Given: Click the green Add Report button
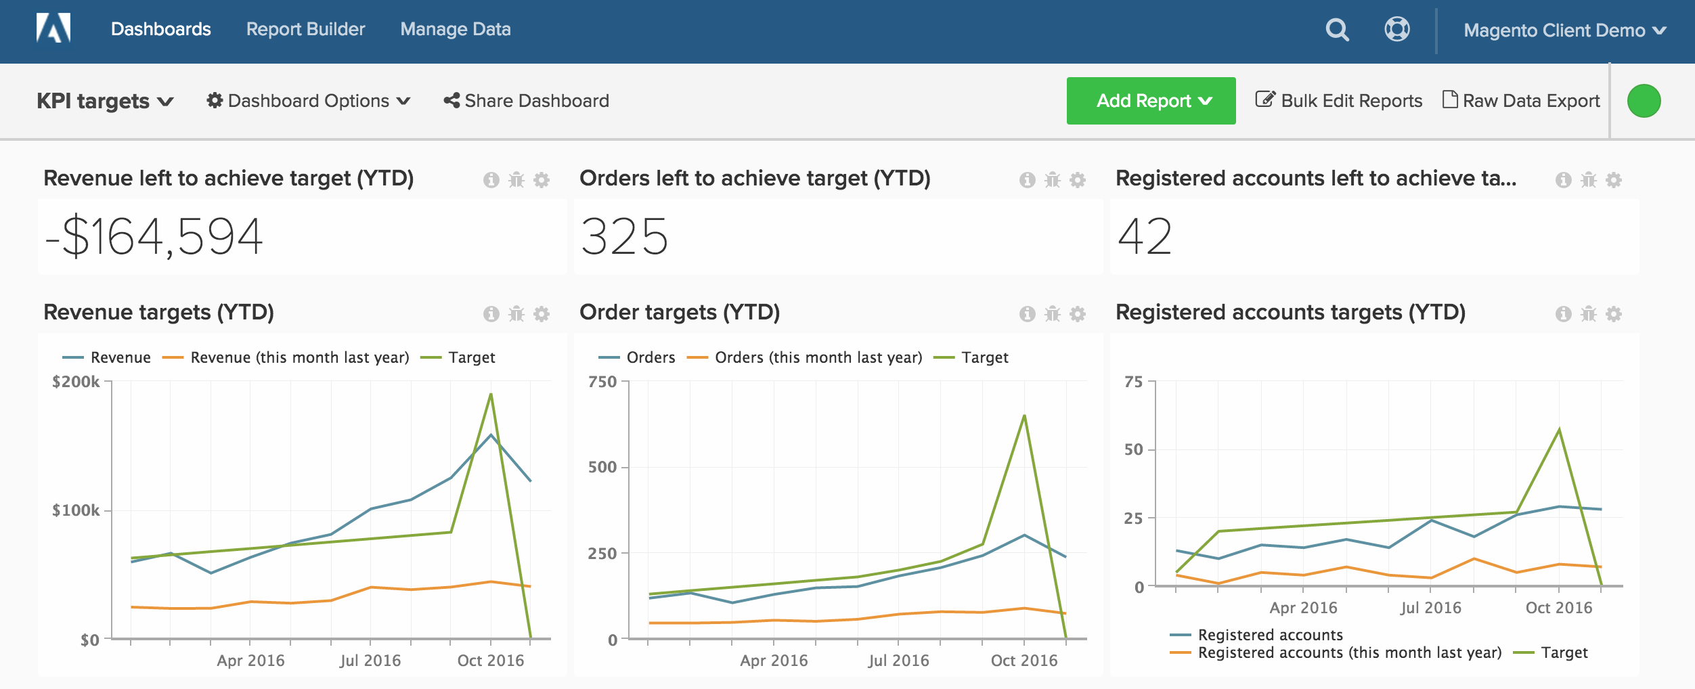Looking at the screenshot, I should click(1151, 101).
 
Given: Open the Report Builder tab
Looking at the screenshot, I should click(305, 29).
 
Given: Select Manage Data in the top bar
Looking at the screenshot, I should click(456, 29).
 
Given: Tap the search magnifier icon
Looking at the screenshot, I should click(1337, 30).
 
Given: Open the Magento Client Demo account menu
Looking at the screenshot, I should click(1564, 30).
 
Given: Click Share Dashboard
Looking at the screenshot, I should click(527, 101).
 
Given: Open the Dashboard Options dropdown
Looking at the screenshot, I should click(309, 101).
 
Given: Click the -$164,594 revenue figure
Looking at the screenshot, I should click(154, 237).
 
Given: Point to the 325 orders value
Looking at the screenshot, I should click(624, 237).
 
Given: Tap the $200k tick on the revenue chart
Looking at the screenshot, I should click(76, 382).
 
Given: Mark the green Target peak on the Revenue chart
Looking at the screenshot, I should click(490, 395).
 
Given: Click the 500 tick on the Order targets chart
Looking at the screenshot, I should click(602, 467).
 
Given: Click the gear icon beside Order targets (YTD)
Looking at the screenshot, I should click(1078, 314).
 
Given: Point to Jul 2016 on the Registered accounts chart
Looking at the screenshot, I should click(1430, 608).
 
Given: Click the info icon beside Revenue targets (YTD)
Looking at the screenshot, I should click(491, 314).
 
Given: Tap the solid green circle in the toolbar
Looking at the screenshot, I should click(1644, 101).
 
